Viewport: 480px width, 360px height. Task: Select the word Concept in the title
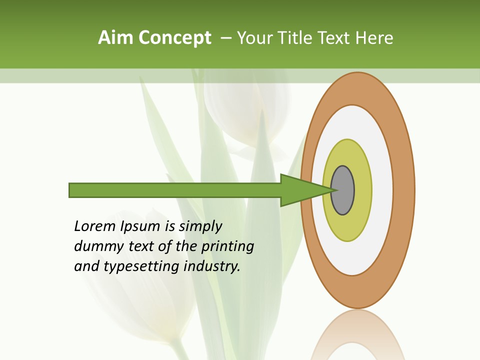(x=175, y=38)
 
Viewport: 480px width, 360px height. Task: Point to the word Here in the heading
(x=374, y=38)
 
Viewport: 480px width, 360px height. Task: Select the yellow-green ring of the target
(x=347, y=227)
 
